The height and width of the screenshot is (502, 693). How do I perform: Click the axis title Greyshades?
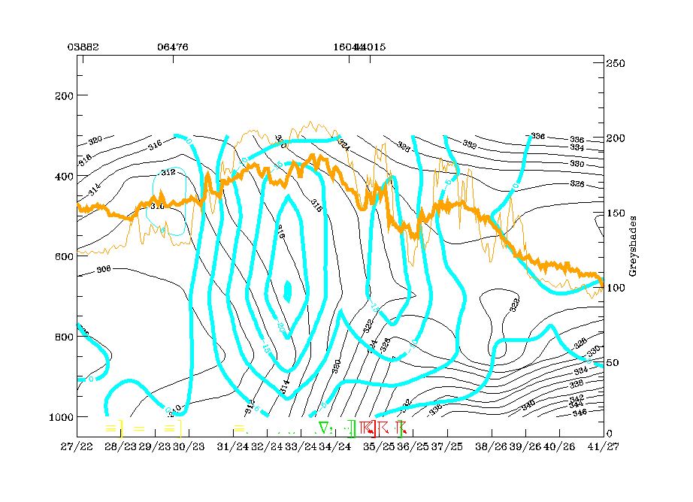pyautogui.click(x=633, y=248)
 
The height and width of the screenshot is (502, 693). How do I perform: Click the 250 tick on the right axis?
pyautogui.click(x=616, y=63)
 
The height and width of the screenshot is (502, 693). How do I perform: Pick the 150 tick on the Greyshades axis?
pyautogui.click(x=616, y=213)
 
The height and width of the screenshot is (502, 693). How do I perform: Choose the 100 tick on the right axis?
pyautogui.click(x=616, y=288)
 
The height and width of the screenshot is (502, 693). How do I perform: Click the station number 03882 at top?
pyautogui.click(x=77, y=47)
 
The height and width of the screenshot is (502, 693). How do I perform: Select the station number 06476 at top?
pyautogui.click(x=173, y=47)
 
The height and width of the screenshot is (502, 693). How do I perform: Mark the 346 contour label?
pyautogui.click(x=580, y=413)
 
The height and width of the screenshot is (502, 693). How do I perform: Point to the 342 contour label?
pyautogui.click(x=576, y=398)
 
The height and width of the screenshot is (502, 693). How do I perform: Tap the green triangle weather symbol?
pyautogui.click(x=323, y=428)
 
